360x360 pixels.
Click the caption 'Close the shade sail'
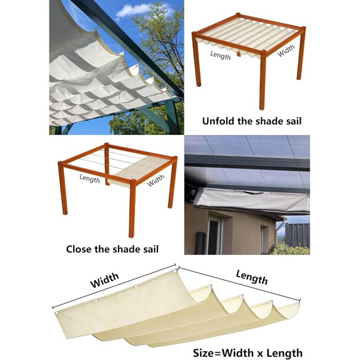112,249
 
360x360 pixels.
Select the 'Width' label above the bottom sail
104,281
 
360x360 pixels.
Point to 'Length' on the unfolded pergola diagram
221,55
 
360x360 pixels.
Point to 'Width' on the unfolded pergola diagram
286,51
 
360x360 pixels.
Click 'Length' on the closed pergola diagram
90,177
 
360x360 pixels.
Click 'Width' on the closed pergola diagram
156,181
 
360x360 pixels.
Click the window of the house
214,234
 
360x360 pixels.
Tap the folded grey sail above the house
250,202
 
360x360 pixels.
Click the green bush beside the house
290,249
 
